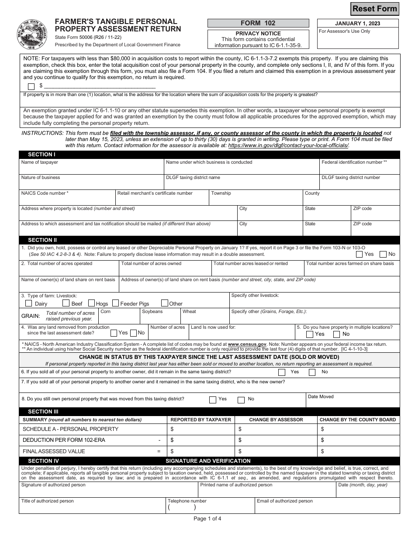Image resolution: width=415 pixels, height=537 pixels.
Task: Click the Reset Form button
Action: coord(375,8)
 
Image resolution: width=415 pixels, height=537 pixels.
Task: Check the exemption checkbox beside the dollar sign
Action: coord(31,86)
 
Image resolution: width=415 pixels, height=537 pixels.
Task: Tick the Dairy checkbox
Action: coord(29,303)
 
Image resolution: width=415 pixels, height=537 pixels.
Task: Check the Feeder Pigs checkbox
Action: coord(116,303)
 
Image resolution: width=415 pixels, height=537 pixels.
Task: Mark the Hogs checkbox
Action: coord(92,303)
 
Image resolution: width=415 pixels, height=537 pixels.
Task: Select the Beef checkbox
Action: coord(66,303)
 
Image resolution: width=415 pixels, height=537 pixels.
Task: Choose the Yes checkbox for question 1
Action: coord(359,254)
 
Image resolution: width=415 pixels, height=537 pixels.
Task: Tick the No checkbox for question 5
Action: coord(336,334)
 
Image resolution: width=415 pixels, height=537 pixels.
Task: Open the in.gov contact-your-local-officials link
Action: coord(288,145)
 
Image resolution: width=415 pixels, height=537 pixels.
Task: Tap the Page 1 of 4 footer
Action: coord(207,519)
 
